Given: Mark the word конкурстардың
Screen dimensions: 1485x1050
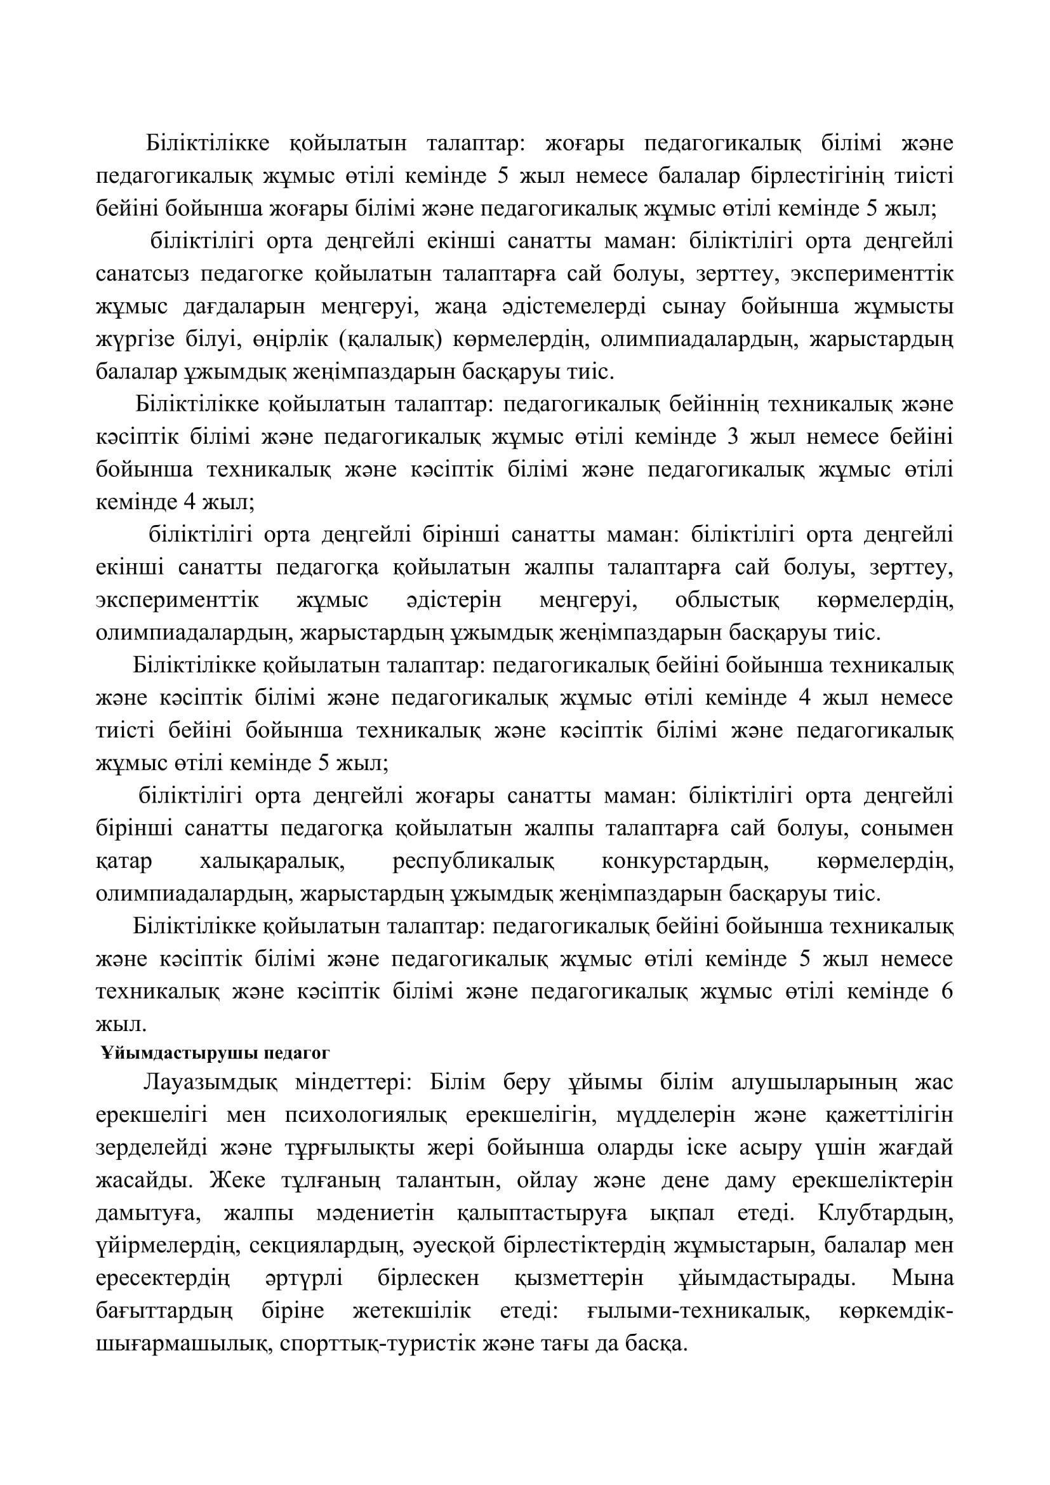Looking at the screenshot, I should [686, 862].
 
